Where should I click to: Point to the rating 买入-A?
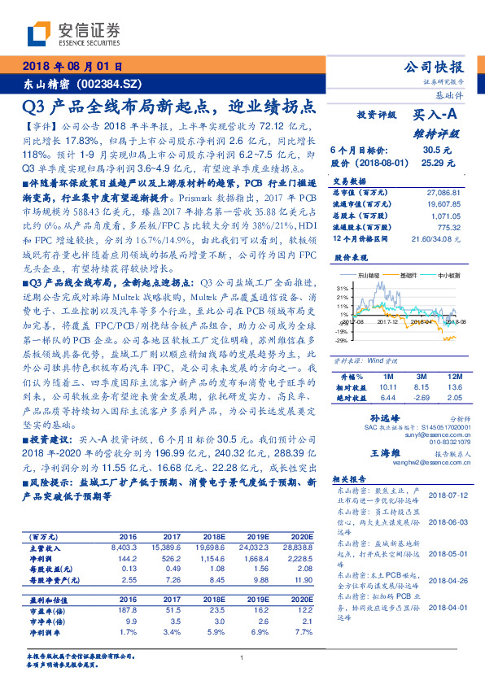click(x=436, y=116)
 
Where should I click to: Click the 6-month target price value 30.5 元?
click(x=432, y=151)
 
